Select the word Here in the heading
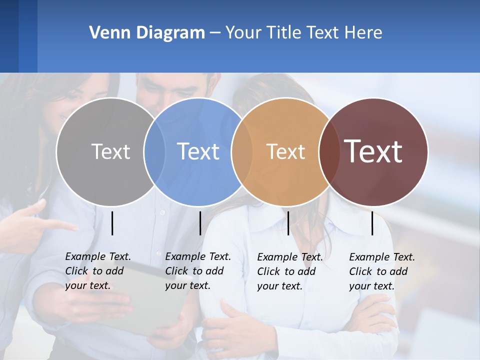(363, 33)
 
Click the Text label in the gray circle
(110, 151)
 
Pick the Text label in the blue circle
(198, 151)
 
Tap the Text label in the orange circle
(285, 151)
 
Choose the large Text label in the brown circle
(373, 151)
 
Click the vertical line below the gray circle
(112, 223)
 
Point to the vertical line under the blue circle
(200, 223)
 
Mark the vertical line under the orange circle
(288, 223)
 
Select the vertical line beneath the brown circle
(372, 223)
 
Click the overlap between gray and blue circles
(154, 151)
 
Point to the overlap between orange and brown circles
(328, 151)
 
